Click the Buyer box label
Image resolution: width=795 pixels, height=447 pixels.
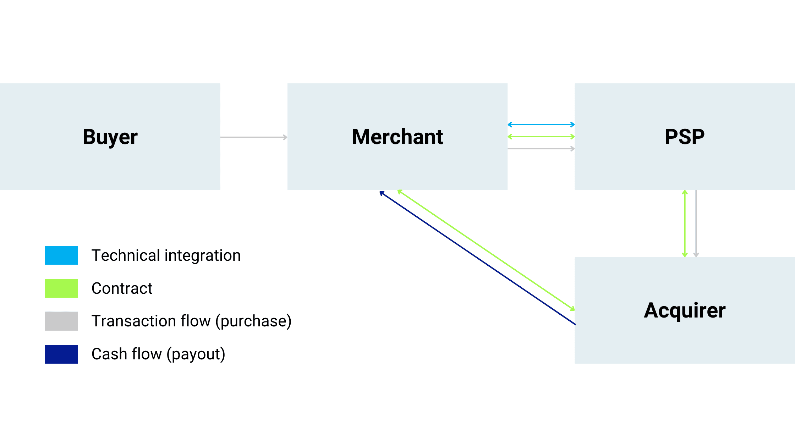pyautogui.click(x=110, y=137)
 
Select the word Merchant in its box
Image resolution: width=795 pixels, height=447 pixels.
pyautogui.click(x=397, y=137)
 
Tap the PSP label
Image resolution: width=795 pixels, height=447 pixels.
pyautogui.click(x=685, y=137)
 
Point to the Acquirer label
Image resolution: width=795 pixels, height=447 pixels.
pyautogui.click(x=685, y=310)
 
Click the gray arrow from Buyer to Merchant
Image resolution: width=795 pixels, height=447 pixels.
pyautogui.click(x=253, y=137)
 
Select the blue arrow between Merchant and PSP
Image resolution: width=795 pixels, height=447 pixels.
pyautogui.click(x=541, y=125)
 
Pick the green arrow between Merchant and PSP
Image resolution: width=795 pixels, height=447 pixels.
pyautogui.click(x=541, y=137)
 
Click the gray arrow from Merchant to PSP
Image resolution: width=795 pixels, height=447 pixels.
pyautogui.click(x=541, y=149)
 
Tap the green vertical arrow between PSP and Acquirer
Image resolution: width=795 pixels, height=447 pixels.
pyautogui.click(x=685, y=223)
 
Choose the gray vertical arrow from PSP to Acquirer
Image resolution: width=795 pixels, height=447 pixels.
pyautogui.click(x=696, y=223)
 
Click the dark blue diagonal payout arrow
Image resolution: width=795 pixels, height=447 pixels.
pyautogui.click(x=477, y=258)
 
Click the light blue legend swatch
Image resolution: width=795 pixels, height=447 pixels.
pyautogui.click(x=61, y=255)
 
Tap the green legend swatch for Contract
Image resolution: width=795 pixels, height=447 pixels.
pyautogui.click(x=61, y=288)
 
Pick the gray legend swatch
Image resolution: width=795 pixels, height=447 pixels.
pyautogui.click(x=61, y=321)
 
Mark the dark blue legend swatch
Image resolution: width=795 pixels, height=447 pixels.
pyautogui.click(x=61, y=354)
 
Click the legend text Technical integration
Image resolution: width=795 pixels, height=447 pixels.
pyautogui.click(x=166, y=255)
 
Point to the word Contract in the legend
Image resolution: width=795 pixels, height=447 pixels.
pyautogui.click(x=122, y=288)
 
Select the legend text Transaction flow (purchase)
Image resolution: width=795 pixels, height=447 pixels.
pyautogui.click(x=191, y=321)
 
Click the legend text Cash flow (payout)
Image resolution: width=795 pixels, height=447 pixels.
pyautogui.click(x=158, y=354)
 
